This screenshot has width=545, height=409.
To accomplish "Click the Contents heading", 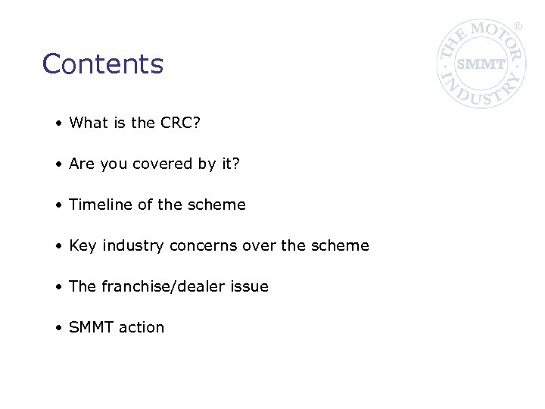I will pyautogui.click(x=103, y=64).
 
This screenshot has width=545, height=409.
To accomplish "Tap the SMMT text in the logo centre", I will pyautogui.click(x=481, y=64).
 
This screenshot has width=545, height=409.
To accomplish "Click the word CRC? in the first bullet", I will pyautogui.click(x=181, y=123).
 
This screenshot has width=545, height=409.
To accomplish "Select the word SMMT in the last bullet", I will pyautogui.click(x=89, y=327).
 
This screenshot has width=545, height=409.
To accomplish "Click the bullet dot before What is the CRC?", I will pyautogui.click(x=58, y=123).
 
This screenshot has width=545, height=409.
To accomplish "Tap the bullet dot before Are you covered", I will pyautogui.click(x=58, y=164).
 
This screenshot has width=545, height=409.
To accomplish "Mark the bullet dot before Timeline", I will pyautogui.click(x=58, y=205).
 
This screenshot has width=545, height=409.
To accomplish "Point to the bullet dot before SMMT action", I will pyautogui.click(x=58, y=328).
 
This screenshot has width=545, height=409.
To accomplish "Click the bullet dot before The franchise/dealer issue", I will pyautogui.click(x=58, y=287).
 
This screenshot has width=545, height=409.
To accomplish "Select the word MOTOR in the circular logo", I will pyautogui.click(x=494, y=34).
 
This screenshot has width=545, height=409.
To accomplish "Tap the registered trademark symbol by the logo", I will pyautogui.click(x=519, y=27).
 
